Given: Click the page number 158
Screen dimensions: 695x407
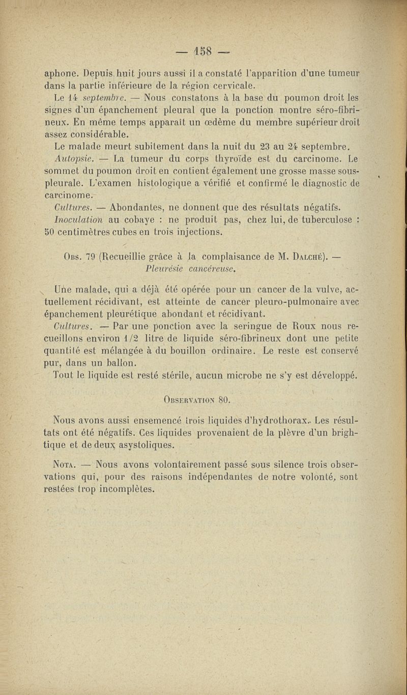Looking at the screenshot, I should coord(203,52).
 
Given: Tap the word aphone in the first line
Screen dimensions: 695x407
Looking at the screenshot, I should coord(62,72).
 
